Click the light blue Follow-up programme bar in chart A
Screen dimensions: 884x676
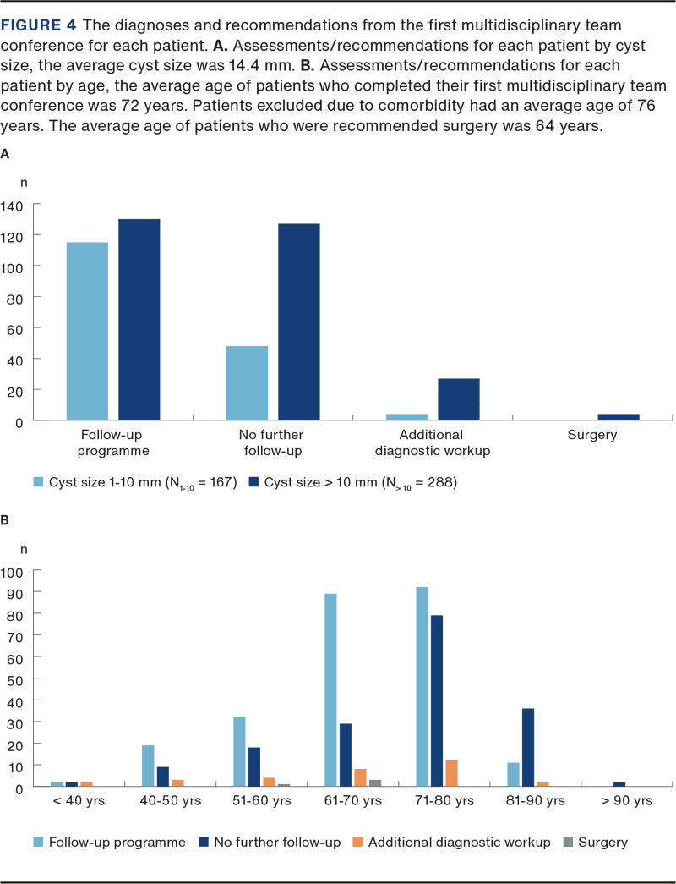tap(87, 331)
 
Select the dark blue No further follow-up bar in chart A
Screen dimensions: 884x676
tap(299, 321)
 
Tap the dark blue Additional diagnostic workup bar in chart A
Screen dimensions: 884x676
tap(459, 399)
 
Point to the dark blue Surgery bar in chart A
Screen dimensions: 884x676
tap(619, 416)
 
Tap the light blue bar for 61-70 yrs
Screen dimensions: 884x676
tap(330, 689)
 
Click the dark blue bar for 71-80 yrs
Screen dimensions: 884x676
tap(437, 700)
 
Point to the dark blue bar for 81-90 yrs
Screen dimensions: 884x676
tap(528, 747)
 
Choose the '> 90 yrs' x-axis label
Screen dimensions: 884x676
tap(626, 800)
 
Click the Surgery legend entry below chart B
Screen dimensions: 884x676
tap(597, 843)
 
